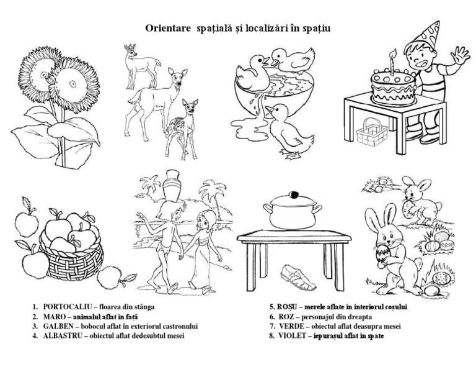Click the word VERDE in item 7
pos(292,326)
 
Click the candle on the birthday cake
pos(392,61)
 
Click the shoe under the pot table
pos(298,276)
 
